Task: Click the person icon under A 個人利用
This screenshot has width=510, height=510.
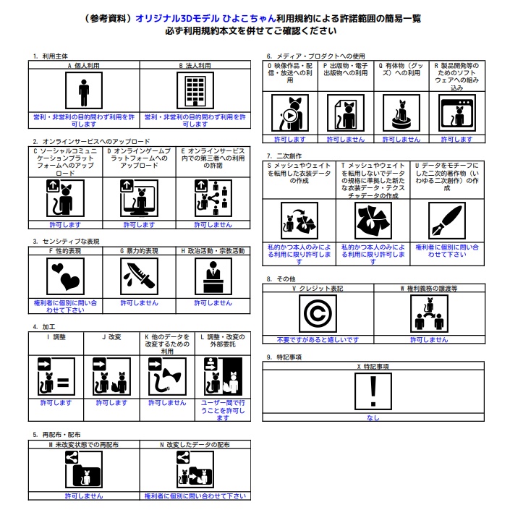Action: click(x=84, y=91)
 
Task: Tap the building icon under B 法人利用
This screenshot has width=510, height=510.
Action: click(x=195, y=91)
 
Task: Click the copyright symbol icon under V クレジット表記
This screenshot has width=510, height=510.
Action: click(x=317, y=315)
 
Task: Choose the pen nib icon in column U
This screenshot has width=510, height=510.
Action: click(x=446, y=221)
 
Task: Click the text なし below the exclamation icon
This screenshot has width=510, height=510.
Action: click(x=373, y=417)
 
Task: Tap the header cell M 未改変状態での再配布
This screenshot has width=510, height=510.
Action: click(x=84, y=443)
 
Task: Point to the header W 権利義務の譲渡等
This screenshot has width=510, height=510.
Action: click(x=429, y=288)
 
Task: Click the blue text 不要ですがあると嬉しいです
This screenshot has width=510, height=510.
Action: click(x=318, y=339)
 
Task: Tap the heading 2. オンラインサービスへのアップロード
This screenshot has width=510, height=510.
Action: click(x=90, y=141)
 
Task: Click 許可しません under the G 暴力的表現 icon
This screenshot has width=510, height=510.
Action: click(x=139, y=303)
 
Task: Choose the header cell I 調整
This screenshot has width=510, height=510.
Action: click(x=56, y=336)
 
